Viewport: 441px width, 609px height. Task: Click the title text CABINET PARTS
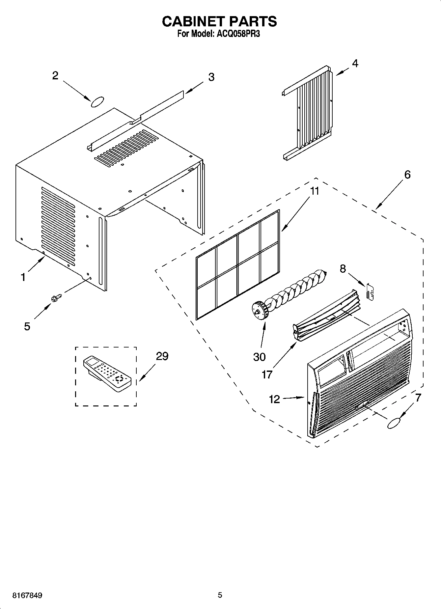coord(220,21)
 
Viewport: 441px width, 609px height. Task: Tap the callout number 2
coord(55,76)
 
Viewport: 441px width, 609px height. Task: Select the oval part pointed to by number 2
coord(97,102)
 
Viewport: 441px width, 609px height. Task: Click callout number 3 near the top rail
coord(211,77)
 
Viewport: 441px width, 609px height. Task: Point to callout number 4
coord(355,63)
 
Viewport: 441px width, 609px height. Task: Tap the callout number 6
coord(407,175)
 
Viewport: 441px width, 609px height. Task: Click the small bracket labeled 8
coord(370,291)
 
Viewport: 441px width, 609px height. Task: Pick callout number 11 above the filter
coord(315,191)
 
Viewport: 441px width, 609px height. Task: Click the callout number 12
coord(274,400)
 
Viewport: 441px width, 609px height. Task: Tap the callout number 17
coord(267,374)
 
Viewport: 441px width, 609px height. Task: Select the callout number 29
coord(162,356)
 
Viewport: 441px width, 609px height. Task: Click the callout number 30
coord(259,357)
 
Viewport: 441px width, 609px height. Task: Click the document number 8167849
coord(27,595)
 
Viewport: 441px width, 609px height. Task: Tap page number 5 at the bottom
coord(220,595)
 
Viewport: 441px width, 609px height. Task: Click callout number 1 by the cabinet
coord(23,277)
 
